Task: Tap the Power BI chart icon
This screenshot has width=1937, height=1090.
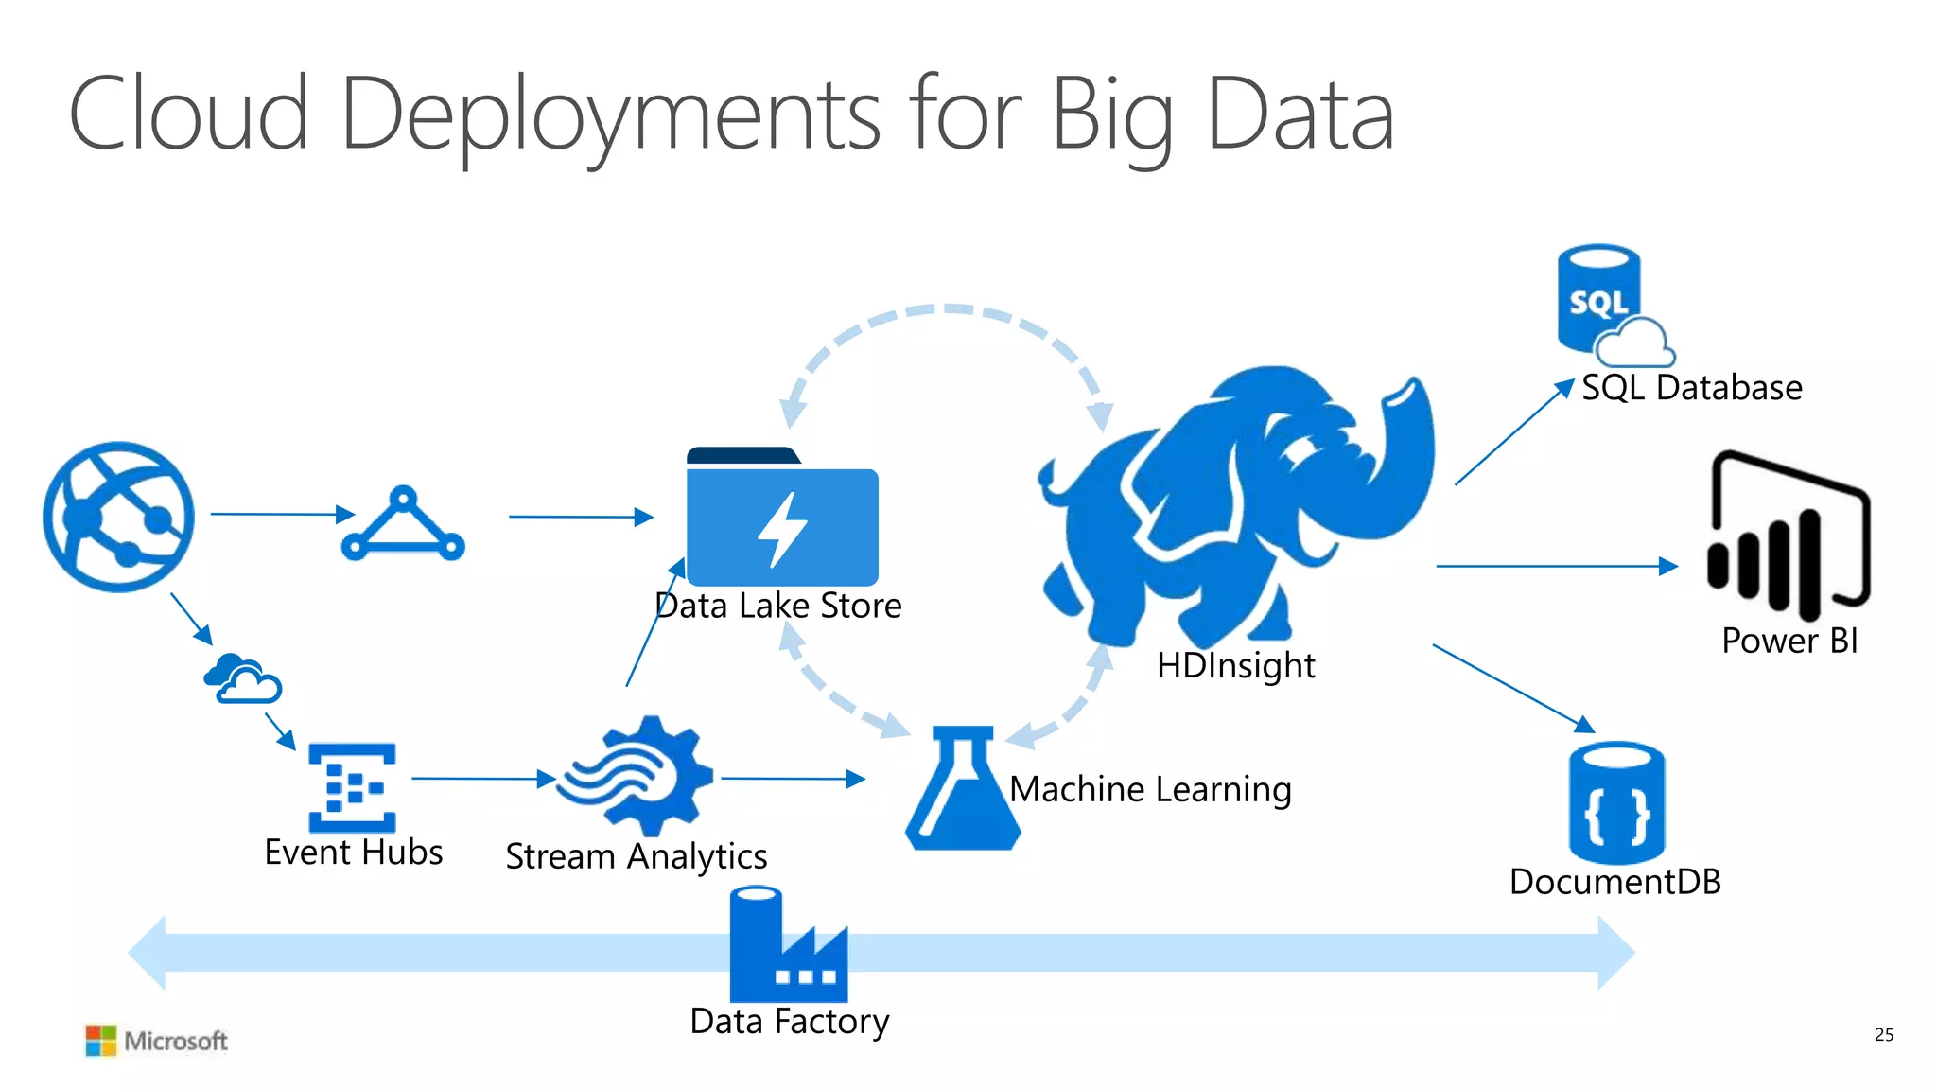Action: pos(1788,537)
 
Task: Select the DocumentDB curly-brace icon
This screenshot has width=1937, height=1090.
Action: pos(1616,804)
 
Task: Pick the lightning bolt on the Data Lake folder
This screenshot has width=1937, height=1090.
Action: pos(781,530)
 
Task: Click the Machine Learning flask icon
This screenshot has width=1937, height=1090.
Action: pos(963,790)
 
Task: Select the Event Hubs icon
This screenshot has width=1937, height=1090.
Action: pos(352,787)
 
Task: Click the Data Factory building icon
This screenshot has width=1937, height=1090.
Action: pos(787,946)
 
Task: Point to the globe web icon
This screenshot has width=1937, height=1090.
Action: pos(119,517)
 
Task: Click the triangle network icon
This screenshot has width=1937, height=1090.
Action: pos(403,525)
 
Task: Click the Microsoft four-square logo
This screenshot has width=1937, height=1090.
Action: pos(100,1040)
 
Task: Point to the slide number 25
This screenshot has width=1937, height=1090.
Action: pos(1883,1035)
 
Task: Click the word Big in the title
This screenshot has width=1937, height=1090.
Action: pos(1112,117)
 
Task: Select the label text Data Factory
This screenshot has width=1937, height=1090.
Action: pos(790,1022)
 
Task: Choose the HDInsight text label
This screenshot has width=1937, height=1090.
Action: pos(1235,666)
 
